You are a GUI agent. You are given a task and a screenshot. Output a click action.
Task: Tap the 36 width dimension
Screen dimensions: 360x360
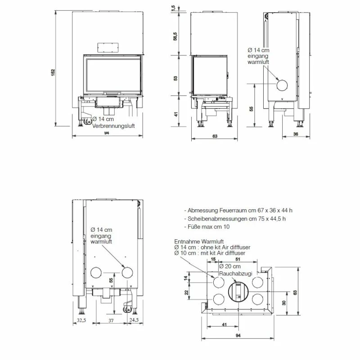296,134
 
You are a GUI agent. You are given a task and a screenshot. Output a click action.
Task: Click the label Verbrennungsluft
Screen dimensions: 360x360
113,126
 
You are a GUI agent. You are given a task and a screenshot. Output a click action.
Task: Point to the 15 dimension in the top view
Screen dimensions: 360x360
213,260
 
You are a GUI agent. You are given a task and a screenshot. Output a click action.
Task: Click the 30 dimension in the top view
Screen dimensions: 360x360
283,303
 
